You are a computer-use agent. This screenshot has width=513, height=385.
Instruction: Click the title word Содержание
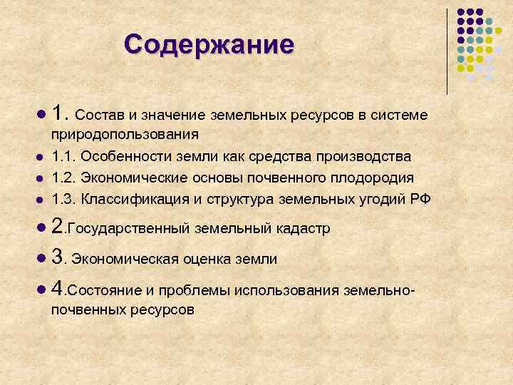pos(208,44)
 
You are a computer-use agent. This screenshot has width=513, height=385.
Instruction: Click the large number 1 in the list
pos(58,113)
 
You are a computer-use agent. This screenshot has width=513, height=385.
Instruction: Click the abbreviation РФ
pos(420,198)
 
